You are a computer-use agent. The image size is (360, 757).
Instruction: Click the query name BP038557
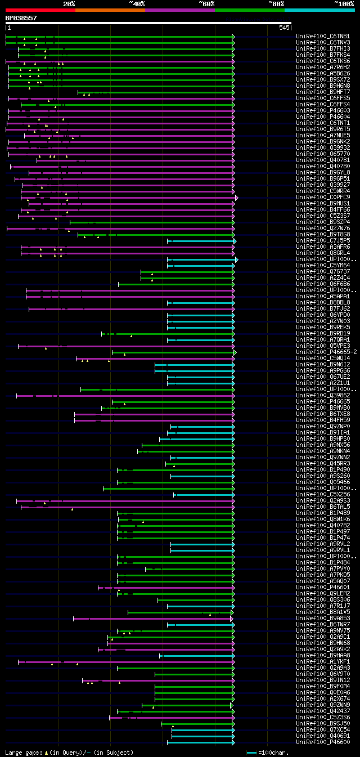pyautogui.click(x=21, y=18)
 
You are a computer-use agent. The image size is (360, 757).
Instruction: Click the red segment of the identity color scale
pyautogui.click(x=40, y=10)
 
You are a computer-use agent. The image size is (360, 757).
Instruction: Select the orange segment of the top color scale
pyautogui.click(x=110, y=10)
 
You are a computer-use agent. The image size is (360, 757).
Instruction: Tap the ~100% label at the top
pyautogui.click(x=344, y=3)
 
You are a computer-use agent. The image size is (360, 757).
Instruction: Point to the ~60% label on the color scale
pyautogui.click(x=206, y=3)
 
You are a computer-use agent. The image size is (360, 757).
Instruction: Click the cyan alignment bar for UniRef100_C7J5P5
pyautogui.click(x=200, y=241)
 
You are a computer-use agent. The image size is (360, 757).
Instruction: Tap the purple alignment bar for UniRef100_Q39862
pyautogui.click(x=124, y=396)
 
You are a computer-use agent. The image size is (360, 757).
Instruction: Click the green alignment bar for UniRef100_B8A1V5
pyautogui.click(x=180, y=612)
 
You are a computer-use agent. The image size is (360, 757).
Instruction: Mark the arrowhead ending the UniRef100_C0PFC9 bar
pyautogui.click(x=237, y=198)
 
